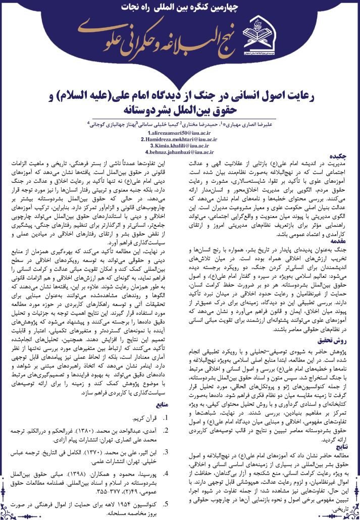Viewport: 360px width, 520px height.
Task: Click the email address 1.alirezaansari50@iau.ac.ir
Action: tap(180, 132)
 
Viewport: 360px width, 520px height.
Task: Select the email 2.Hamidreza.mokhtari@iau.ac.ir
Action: tap(180, 138)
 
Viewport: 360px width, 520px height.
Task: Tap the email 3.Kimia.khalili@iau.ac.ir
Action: tap(180, 145)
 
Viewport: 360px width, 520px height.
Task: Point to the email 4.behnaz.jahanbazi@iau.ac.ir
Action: tap(180, 151)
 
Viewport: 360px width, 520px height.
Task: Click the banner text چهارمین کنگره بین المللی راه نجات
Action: tap(180, 9)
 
